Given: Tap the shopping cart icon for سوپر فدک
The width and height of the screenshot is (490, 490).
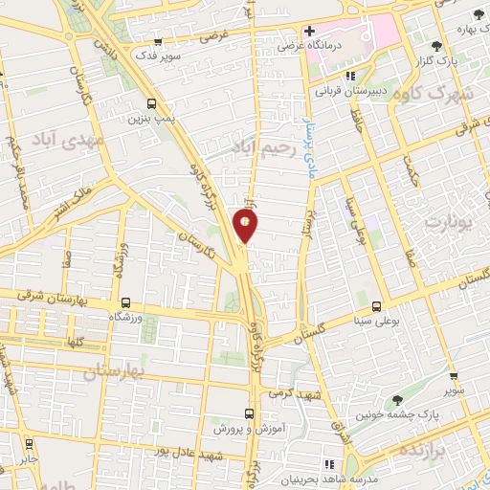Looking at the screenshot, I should pos(158,42).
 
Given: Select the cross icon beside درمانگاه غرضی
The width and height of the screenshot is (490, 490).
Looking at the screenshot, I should pos(309,32).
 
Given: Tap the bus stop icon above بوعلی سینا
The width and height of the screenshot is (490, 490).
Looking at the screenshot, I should pos(376,305).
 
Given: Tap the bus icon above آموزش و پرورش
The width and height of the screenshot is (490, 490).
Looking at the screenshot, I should pos(249,413).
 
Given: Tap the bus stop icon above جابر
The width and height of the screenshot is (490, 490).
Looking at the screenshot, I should pos(29,443).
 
